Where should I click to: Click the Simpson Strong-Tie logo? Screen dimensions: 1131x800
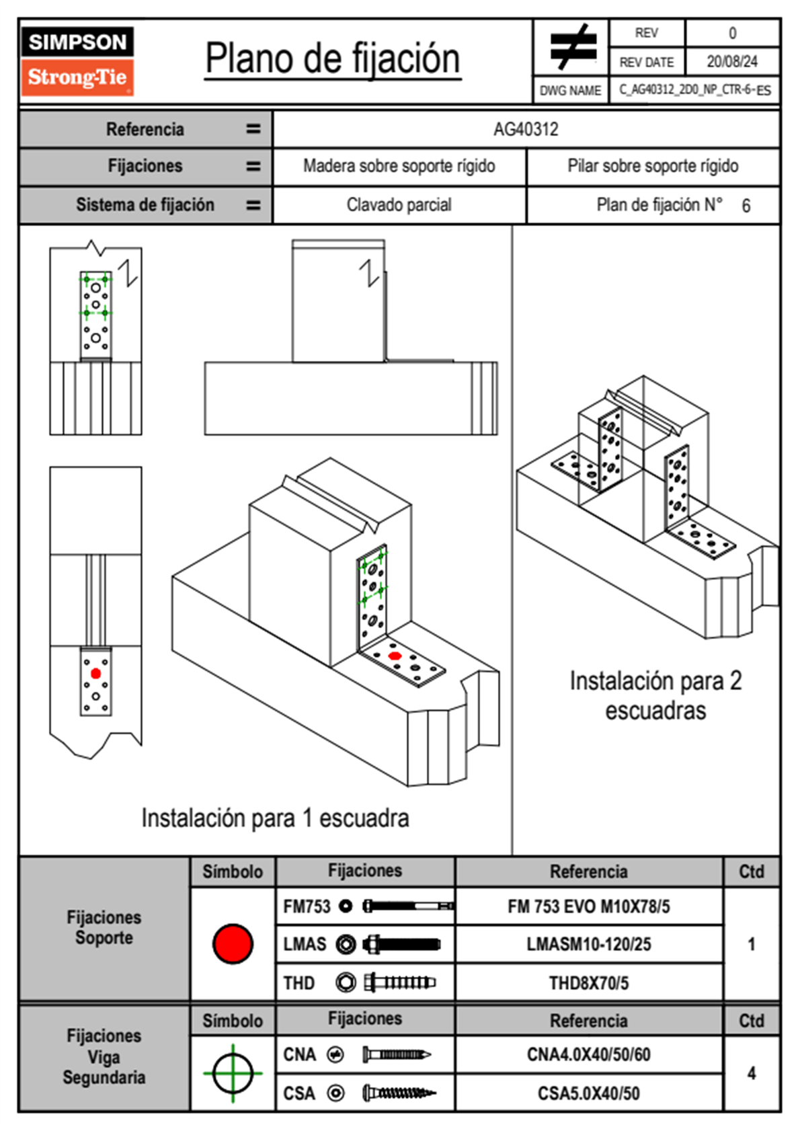(x=77, y=61)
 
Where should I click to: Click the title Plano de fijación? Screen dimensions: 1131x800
(x=333, y=59)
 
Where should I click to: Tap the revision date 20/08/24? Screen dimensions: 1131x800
(x=731, y=62)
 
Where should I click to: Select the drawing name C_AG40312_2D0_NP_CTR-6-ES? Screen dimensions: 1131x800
(x=694, y=90)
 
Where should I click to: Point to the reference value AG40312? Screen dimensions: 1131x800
(x=526, y=129)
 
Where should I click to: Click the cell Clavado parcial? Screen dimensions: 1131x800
(x=399, y=205)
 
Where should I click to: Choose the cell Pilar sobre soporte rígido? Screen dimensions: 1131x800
(x=653, y=166)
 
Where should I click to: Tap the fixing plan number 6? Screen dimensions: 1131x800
(x=746, y=206)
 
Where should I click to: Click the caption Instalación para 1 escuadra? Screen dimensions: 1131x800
(x=275, y=818)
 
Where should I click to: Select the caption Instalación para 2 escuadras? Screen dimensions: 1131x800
(x=655, y=695)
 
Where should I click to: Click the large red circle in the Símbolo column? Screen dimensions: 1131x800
(x=233, y=943)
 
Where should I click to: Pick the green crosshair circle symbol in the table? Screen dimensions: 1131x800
(x=233, y=1073)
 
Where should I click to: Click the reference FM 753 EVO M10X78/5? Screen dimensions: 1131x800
(x=588, y=907)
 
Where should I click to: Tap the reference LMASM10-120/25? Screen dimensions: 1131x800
(x=588, y=945)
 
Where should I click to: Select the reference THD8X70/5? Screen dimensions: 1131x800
(x=588, y=983)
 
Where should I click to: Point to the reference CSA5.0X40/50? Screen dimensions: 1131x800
(x=588, y=1093)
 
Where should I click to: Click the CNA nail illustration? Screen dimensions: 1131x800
(x=397, y=1055)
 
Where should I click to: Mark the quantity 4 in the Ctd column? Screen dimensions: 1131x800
(x=751, y=1073)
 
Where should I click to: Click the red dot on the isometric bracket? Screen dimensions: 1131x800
(x=395, y=656)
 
